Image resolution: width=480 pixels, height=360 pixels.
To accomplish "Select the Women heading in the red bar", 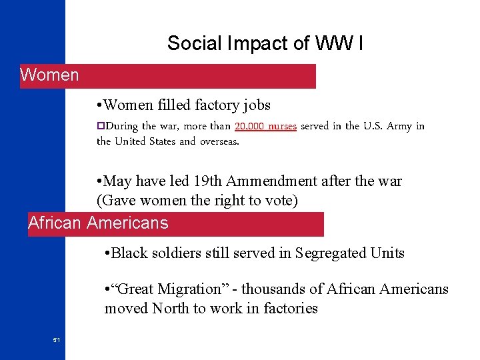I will pyautogui.click(x=49, y=75).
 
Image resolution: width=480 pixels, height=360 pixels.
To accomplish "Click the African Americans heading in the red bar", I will pyautogui.click(x=98, y=223).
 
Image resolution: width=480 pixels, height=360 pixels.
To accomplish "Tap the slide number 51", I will pyautogui.click(x=57, y=340).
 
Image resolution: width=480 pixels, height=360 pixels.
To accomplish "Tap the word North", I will pyautogui.click(x=171, y=308).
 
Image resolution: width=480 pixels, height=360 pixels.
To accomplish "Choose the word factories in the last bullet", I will pyautogui.click(x=291, y=308).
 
